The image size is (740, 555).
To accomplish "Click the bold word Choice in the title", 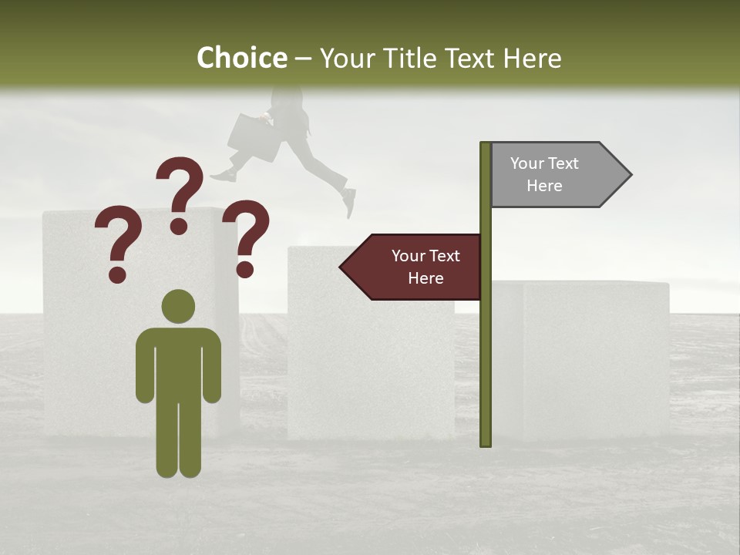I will pyautogui.click(x=241, y=58).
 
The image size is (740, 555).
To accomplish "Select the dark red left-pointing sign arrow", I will pyautogui.click(x=416, y=267).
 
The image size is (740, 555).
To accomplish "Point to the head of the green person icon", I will pyautogui.click(x=178, y=307).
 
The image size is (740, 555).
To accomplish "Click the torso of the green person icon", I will pyautogui.click(x=178, y=362).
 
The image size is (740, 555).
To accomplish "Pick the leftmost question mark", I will pyautogui.click(x=117, y=239).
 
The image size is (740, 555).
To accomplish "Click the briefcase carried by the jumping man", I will pyautogui.click(x=252, y=137).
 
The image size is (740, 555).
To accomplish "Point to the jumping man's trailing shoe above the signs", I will pyautogui.click(x=349, y=202).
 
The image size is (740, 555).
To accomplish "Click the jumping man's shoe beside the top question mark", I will pyautogui.click(x=223, y=176).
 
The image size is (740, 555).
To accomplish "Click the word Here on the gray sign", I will pyautogui.click(x=544, y=186).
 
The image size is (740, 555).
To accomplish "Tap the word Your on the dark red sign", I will pyautogui.click(x=409, y=256).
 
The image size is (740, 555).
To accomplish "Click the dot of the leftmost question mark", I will pyautogui.click(x=117, y=274).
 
